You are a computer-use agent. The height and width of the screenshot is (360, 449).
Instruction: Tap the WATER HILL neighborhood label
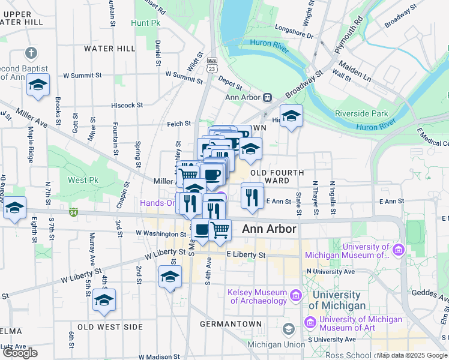click(x=110, y=48)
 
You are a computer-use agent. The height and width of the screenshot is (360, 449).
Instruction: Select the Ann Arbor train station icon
click(x=267, y=98)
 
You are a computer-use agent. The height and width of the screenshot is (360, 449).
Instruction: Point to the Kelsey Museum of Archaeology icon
click(x=295, y=296)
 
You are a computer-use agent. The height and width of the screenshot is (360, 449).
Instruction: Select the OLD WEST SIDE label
click(x=110, y=327)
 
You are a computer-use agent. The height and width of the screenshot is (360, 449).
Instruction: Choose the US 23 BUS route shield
click(x=211, y=65)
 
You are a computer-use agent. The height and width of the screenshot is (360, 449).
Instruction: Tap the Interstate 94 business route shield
click(x=73, y=212)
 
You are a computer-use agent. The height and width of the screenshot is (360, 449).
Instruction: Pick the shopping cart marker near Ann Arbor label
click(x=220, y=229)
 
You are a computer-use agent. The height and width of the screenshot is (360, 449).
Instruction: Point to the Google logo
click(x=20, y=353)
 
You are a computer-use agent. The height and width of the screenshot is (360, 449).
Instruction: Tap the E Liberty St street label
click(x=246, y=255)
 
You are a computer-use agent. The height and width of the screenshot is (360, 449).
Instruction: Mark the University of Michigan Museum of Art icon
click(x=311, y=322)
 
